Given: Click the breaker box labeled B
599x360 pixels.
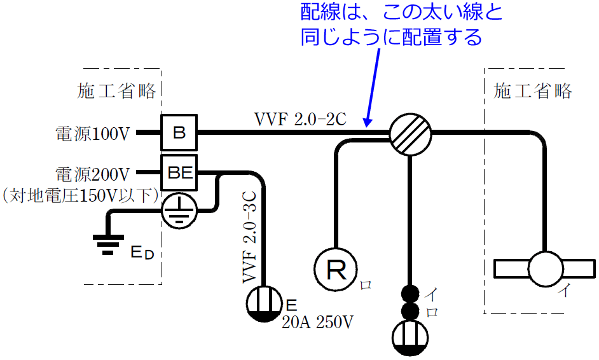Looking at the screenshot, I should coord(179,133).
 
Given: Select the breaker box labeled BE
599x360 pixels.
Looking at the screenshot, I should coord(179,171).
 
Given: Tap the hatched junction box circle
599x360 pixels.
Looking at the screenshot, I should coord(410,135).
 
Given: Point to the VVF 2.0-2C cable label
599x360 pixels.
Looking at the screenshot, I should coord(299,119).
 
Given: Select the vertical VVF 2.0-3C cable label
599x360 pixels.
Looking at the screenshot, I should coord(249,236).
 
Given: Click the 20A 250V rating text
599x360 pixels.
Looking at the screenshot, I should coord(317,322).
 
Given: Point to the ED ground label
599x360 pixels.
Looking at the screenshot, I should coord(142,253).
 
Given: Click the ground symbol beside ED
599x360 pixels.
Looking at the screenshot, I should coord(107,244).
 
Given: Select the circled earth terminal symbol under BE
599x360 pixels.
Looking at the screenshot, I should coord(179,210).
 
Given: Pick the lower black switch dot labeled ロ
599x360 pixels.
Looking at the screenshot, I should coord(411,311).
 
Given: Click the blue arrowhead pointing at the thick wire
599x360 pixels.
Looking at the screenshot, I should coord(368,121).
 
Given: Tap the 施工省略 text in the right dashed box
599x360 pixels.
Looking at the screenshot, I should coord(533,91).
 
